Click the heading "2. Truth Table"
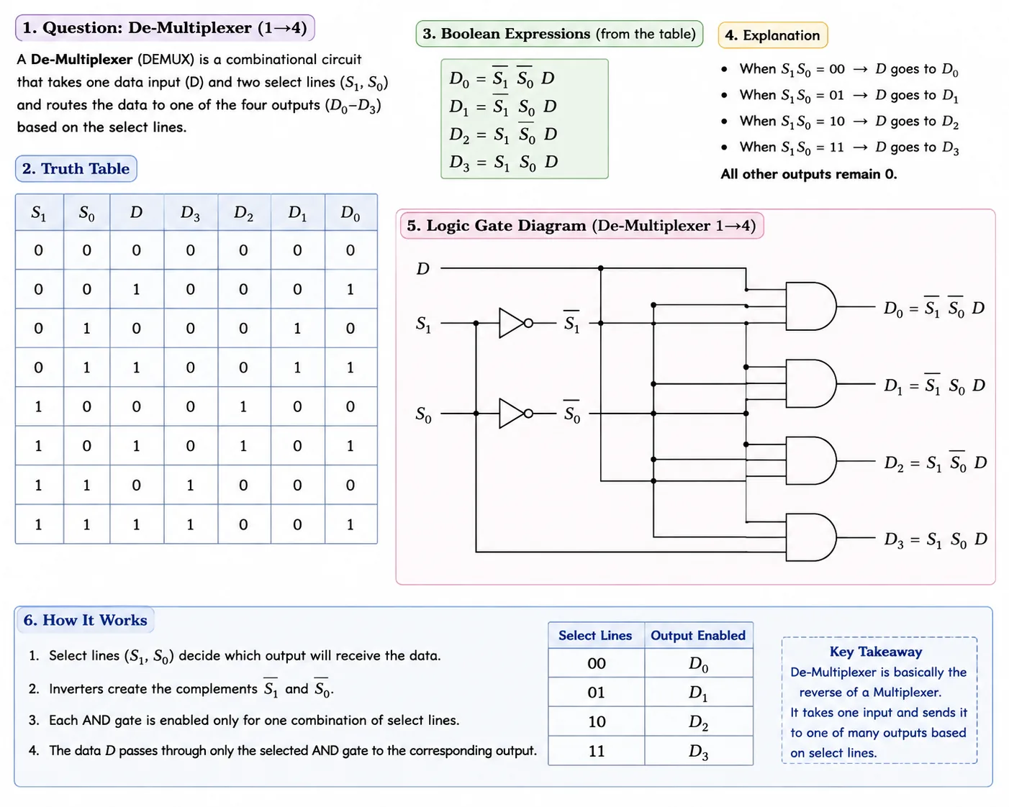76,169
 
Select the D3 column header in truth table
191,213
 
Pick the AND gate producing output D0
810,306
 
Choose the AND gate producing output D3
810,537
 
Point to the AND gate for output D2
810,460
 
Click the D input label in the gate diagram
423,268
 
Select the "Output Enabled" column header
698,636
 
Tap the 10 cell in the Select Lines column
597,721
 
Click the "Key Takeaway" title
876,652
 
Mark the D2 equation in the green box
503,134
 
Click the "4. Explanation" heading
773,35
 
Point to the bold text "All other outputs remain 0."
809,174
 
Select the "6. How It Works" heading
86,620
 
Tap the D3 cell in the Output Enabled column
698,752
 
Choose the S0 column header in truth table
87,213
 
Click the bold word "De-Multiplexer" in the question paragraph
81,60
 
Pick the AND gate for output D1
810,383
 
